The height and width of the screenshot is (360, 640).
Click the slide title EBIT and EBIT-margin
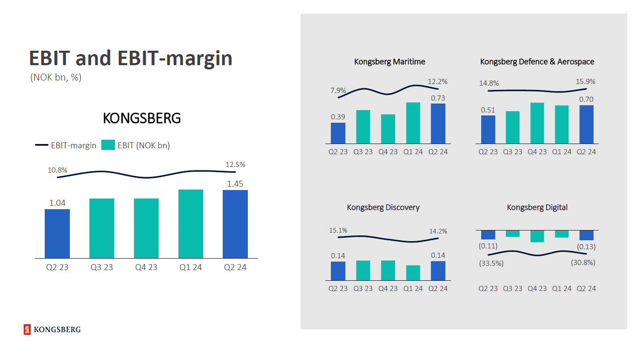(130, 58)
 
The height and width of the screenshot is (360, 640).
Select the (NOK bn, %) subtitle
(56, 78)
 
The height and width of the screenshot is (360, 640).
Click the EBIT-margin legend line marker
(42, 145)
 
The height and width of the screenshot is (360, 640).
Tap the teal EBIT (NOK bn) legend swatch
(108, 145)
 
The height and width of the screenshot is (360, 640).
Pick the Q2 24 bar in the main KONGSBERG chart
(235, 224)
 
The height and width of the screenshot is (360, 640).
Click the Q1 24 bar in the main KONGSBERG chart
(191, 224)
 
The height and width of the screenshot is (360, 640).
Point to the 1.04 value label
(57, 203)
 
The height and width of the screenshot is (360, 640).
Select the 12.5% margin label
(235, 164)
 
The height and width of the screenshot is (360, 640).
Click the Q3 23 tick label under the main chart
(102, 267)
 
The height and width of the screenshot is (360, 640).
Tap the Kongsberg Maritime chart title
(389, 62)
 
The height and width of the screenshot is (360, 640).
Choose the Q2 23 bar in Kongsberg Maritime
(338, 133)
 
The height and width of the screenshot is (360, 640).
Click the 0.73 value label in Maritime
(438, 98)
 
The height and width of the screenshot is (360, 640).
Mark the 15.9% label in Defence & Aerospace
(585, 81)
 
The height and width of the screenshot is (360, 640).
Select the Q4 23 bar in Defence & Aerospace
(537, 123)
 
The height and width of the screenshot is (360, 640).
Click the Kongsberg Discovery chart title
(383, 207)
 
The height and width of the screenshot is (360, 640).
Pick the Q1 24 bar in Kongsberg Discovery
(413, 273)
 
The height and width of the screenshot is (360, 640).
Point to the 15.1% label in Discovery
(338, 230)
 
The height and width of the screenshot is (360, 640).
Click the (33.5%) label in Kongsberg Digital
(491, 263)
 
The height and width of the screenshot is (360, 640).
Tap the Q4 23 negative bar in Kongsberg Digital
(537, 236)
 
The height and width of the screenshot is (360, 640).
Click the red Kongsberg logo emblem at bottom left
(27, 329)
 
